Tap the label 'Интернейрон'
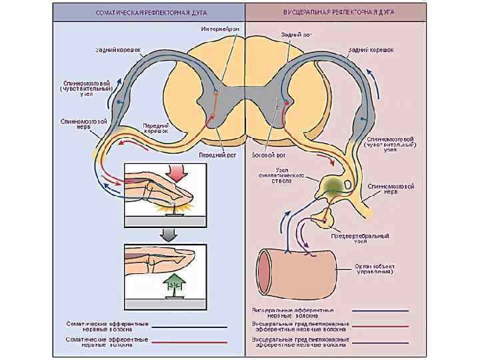click(x=220, y=29)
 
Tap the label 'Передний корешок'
click(x=156, y=129)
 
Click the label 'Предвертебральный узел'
click(x=359, y=238)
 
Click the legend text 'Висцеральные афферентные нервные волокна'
click(x=293, y=312)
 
